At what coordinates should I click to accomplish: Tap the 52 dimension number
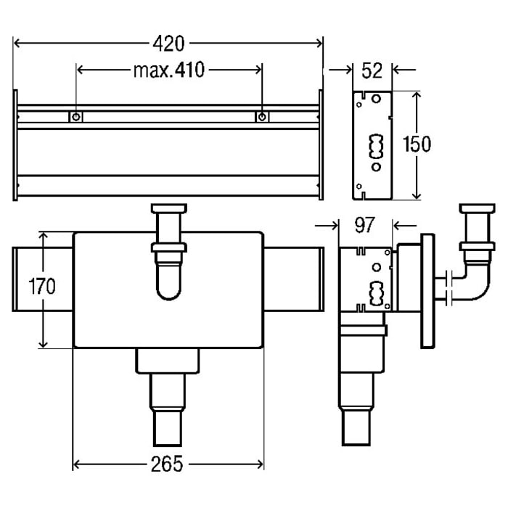click(372, 70)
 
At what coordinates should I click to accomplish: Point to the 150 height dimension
click(417, 144)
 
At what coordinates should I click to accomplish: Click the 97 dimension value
click(365, 224)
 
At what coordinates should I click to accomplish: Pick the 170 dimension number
click(42, 286)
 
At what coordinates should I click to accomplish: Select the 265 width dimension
click(168, 463)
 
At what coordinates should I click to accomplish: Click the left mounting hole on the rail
click(76, 117)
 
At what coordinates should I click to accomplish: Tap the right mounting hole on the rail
click(262, 117)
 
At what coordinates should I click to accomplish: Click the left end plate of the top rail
click(15, 145)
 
